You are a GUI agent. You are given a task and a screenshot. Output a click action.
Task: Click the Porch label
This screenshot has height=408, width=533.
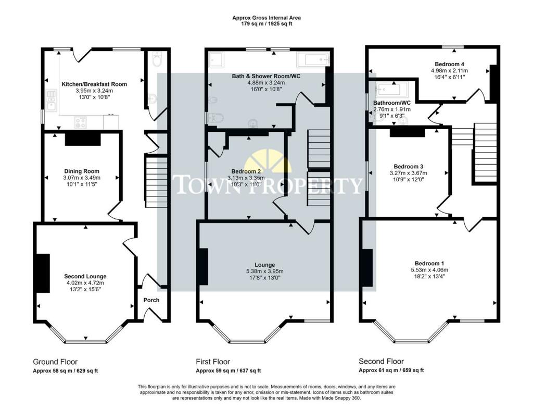(x=151, y=300)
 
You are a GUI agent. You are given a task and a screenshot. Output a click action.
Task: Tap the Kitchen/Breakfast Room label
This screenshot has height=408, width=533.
(x=94, y=84)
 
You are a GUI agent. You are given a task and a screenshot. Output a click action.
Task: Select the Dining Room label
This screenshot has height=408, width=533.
(x=82, y=171)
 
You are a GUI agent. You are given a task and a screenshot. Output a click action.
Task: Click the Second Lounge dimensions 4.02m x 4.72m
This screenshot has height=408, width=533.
(x=85, y=283)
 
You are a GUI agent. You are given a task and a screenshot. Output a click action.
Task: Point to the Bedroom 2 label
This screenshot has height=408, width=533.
(x=246, y=171)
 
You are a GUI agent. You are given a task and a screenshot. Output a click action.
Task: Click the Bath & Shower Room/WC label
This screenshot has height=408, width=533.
(x=266, y=76)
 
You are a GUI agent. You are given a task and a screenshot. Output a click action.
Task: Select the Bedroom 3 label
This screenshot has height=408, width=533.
(x=408, y=166)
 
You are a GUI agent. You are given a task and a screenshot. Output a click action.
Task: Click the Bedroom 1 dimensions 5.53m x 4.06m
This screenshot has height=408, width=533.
(x=429, y=270)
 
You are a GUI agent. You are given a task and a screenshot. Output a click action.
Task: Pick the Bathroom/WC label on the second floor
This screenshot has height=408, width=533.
(x=392, y=103)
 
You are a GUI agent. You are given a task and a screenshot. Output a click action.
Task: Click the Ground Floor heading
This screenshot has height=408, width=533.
(x=55, y=362)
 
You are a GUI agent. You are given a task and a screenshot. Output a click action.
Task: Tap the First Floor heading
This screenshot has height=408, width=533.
(x=213, y=362)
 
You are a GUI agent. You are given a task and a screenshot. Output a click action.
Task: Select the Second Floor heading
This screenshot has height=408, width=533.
(x=382, y=362)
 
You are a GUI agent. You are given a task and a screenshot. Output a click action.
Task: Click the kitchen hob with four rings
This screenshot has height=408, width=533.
(x=81, y=122)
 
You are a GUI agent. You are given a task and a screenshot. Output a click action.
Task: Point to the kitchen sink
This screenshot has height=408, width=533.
(x=52, y=101)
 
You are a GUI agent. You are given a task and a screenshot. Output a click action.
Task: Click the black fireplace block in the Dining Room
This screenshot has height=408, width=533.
(x=83, y=139)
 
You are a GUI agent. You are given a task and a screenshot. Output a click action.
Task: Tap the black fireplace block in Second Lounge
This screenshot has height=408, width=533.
(x=43, y=273)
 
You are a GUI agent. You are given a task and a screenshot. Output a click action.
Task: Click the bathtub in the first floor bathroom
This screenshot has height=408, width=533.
(x=313, y=60)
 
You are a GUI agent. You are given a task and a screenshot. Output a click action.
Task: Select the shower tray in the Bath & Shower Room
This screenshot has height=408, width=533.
(x=216, y=60)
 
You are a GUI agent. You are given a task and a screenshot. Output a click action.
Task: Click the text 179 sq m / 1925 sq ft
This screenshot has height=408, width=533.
(x=266, y=24)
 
